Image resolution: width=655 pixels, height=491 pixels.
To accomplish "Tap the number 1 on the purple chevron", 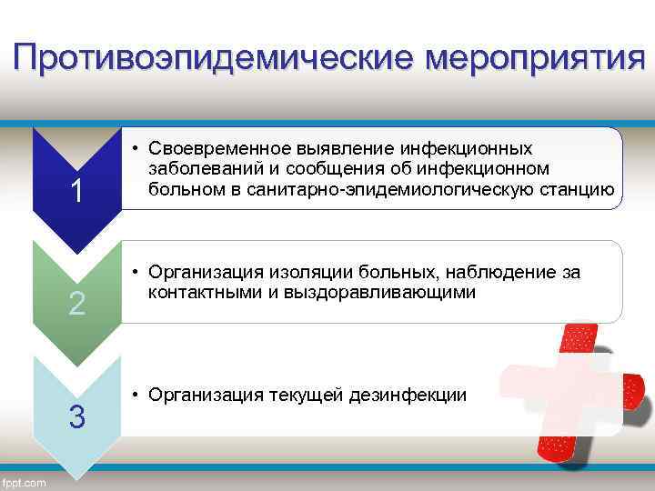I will pos(77,192).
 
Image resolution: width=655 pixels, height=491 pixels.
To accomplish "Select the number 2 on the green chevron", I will pos(77,305).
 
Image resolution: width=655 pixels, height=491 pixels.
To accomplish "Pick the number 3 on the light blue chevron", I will pos(77,417).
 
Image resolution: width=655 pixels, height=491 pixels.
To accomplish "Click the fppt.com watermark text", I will pos(25,482).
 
